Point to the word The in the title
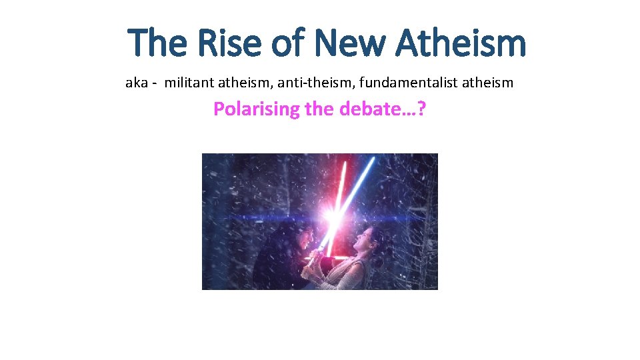157,43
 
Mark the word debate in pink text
367,109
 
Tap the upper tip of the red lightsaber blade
345,162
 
